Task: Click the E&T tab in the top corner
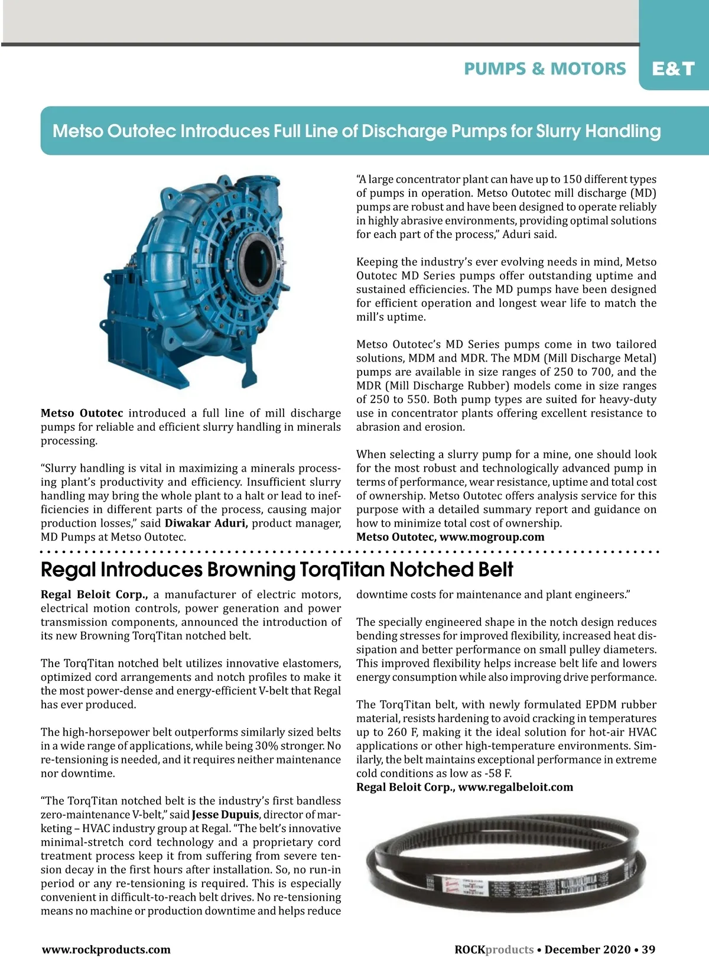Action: tap(673, 69)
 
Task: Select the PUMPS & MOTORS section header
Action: tap(545, 69)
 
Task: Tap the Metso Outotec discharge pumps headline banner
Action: tap(356, 131)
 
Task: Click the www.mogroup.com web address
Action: tap(492, 537)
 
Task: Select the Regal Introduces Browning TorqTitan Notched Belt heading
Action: tap(277, 570)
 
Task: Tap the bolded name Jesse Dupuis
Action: tap(225, 815)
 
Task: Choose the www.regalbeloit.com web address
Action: tap(515, 787)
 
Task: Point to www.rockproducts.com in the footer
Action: tap(106, 950)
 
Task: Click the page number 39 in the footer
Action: tap(648, 950)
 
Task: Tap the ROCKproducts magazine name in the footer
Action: tap(494, 950)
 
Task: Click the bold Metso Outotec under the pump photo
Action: tap(82, 413)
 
